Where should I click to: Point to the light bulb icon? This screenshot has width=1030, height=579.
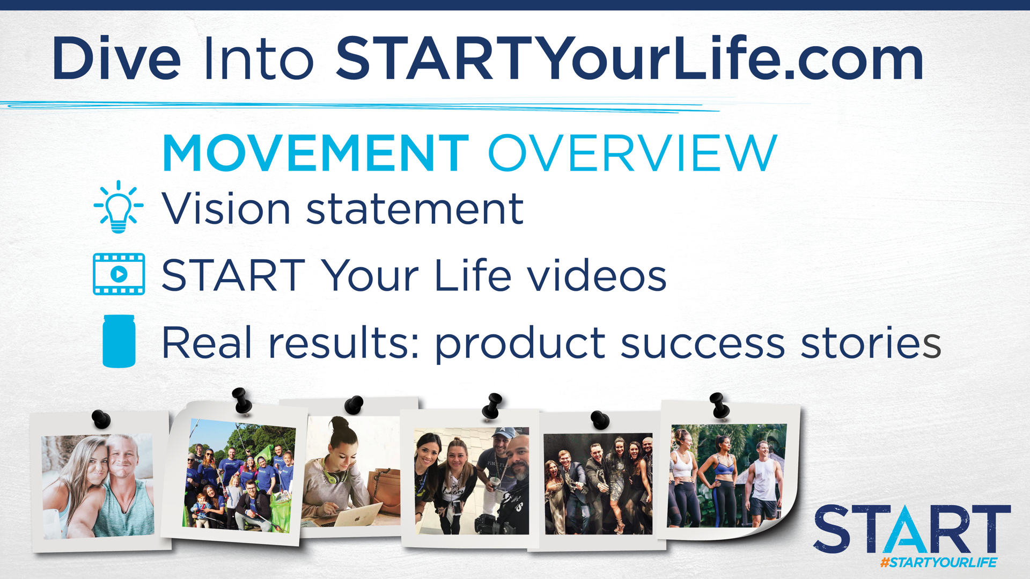tap(119, 207)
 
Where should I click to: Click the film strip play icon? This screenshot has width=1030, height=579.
tap(119, 274)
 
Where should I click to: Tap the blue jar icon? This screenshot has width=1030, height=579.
tap(119, 341)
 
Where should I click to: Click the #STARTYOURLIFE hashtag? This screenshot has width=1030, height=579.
tap(938, 562)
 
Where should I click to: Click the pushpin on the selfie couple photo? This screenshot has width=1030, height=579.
tap(101, 419)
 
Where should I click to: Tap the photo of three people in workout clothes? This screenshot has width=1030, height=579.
tap(726, 475)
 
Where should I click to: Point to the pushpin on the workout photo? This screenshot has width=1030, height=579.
tap(719, 405)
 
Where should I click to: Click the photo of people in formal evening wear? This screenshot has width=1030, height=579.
tap(598, 483)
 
